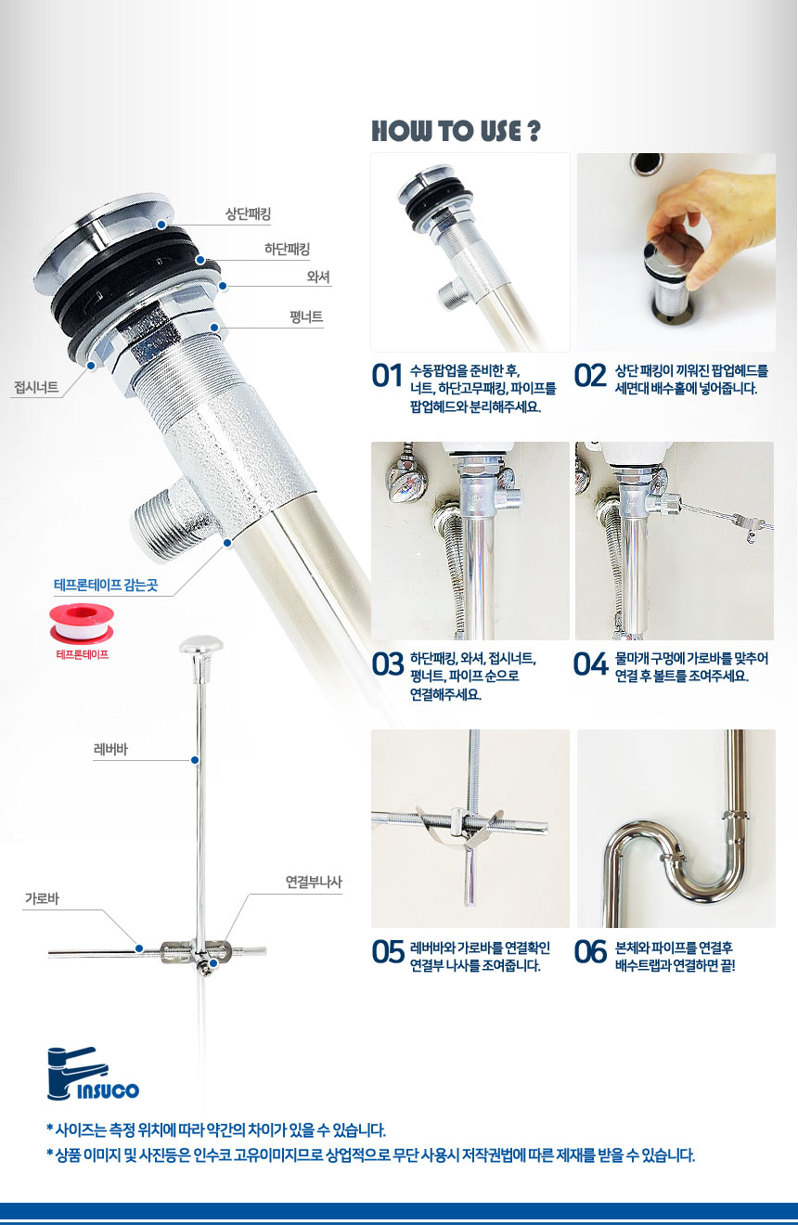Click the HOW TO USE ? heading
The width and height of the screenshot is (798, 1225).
[x=456, y=131]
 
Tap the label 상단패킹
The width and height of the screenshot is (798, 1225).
[x=249, y=213]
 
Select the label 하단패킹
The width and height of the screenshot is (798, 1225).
[x=287, y=250]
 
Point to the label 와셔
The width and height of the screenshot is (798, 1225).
[x=318, y=277]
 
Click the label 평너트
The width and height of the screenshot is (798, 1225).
[x=306, y=317]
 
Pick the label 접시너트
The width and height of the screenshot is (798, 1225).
[x=36, y=387]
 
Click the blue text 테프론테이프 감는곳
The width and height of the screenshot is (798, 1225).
[x=106, y=586]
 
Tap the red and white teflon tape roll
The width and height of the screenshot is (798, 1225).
[x=82, y=623]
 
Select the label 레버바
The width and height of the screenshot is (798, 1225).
[x=110, y=749]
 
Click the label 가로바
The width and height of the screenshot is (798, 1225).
[x=42, y=898]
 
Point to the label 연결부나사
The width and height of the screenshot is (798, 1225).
[x=314, y=882]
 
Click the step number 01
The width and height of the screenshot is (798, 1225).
[x=387, y=376]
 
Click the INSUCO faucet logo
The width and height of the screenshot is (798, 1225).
[x=93, y=1074]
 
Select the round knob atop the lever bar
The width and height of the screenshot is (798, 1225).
[x=200, y=645]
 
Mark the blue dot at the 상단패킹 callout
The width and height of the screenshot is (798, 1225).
[x=161, y=225]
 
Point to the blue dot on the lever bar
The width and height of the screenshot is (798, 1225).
[x=195, y=760]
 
